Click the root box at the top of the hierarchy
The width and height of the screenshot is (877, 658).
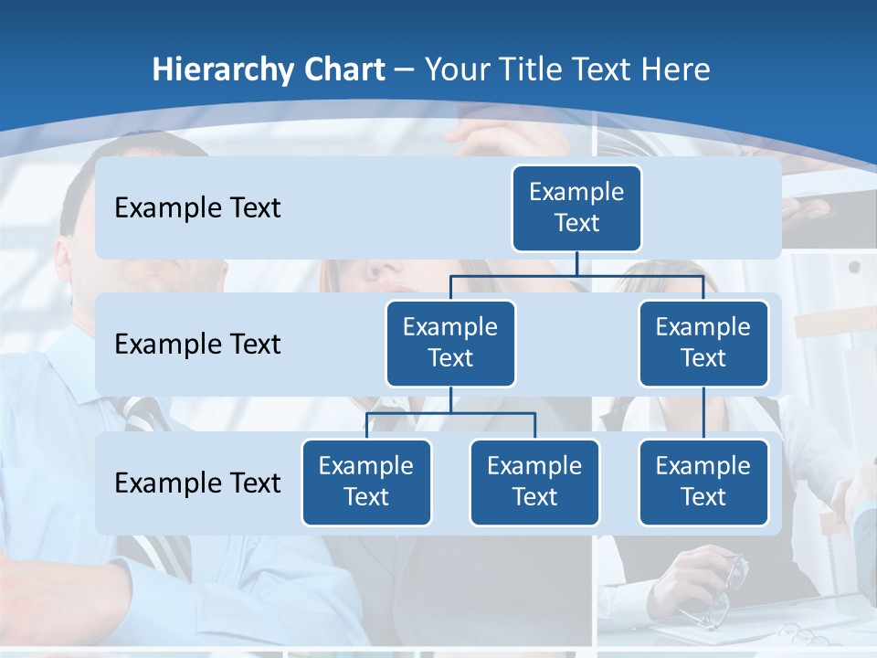(x=576, y=208)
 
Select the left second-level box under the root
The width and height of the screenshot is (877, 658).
(x=450, y=344)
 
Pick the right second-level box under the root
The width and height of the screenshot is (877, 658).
(x=703, y=344)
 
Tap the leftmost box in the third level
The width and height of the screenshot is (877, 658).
(x=366, y=483)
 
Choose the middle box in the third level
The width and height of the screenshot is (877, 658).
(x=534, y=483)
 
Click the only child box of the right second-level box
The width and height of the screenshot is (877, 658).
(x=703, y=483)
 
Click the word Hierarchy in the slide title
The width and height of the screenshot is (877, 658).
(x=222, y=70)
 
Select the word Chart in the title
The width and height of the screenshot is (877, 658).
(x=343, y=70)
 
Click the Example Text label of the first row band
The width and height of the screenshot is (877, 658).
(x=197, y=208)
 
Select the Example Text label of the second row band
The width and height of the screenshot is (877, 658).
(x=197, y=345)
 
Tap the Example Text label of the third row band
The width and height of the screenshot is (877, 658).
(x=197, y=483)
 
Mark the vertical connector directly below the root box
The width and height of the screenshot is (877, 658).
(x=576, y=263)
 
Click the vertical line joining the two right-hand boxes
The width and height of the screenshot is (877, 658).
(x=703, y=413)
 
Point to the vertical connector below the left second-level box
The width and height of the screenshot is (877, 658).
(x=450, y=399)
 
